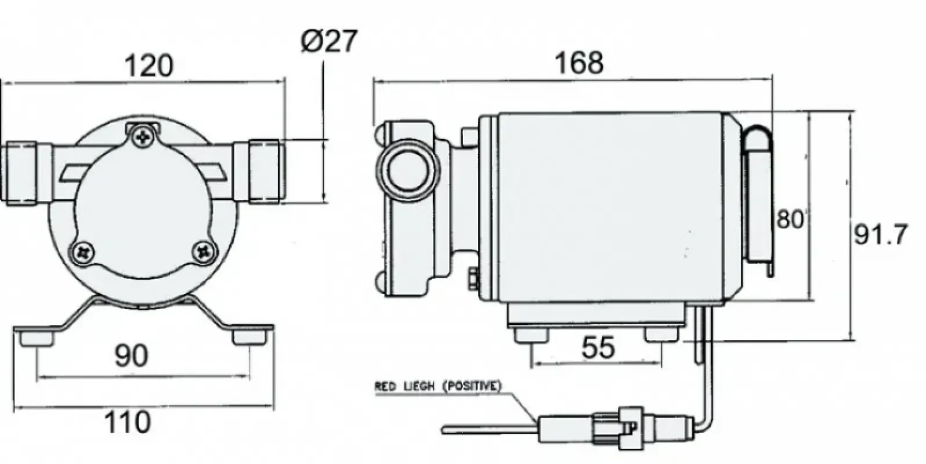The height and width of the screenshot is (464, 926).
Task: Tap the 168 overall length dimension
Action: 578,63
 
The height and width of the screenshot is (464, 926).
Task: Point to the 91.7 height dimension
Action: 880,235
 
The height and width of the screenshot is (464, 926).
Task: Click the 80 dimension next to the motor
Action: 791,219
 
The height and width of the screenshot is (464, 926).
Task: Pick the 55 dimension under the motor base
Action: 598,348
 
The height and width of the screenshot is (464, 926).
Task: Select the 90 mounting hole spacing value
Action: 131,355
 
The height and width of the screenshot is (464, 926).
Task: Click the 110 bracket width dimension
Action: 127,422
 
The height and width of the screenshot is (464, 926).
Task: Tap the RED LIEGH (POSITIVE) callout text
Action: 437,386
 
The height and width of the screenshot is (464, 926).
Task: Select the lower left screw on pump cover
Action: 84,252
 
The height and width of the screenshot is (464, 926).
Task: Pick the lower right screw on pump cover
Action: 204,251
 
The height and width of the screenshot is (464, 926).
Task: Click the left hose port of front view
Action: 23,172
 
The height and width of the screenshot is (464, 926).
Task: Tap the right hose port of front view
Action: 265,171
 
